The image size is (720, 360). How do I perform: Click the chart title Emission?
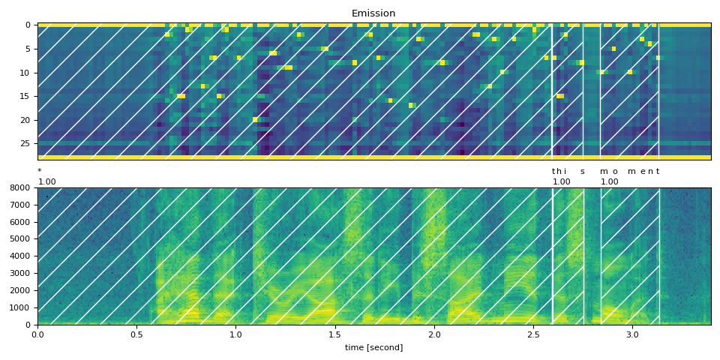[x=373, y=13]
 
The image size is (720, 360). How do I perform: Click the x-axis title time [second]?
[x=373, y=347]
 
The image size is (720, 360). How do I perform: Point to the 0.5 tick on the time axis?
[x=136, y=334]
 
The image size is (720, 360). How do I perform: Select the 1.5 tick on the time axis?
[x=334, y=334]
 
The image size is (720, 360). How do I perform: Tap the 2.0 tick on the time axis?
[x=434, y=334]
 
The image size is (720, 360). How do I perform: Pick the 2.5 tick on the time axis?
[x=533, y=334]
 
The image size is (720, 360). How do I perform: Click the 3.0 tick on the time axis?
[x=632, y=334]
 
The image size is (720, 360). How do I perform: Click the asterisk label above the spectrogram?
[x=39, y=172]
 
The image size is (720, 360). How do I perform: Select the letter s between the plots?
[x=582, y=172]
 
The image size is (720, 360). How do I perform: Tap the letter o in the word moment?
[x=615, y=172]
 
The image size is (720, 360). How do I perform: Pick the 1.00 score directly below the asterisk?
[x=46, y=182]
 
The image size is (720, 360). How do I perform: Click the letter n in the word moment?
[x=650, y=172]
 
